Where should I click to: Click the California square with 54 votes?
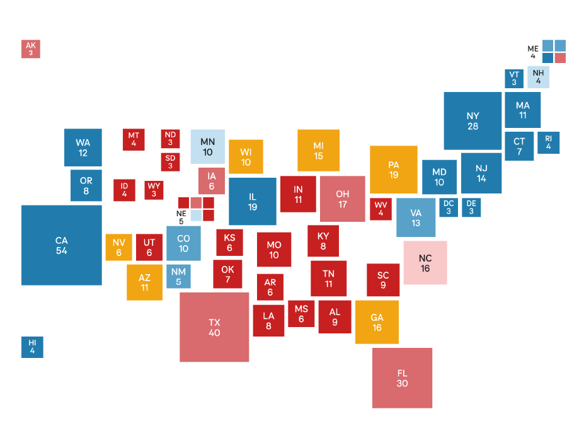point(61,245)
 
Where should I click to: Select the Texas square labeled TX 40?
point(214,327)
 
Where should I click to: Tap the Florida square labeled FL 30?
point(402,377)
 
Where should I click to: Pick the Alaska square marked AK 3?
point(31,49)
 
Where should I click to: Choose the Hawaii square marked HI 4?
point(32,347)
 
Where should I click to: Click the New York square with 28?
point(472,120)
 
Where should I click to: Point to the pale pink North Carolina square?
point(425,262)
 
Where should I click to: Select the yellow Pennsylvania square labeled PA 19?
point(394,170)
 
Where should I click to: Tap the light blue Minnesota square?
point(207,147)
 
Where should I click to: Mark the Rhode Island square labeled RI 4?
point(548,142)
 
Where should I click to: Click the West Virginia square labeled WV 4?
point(381,209)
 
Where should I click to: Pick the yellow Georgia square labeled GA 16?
point(377,322)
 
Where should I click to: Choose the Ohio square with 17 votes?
point(343,199)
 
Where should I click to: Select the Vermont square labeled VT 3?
point(514,78)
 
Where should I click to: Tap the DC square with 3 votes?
point(448,207)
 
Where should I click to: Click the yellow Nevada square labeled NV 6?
point(119,247)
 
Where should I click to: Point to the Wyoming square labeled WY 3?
point(154,190)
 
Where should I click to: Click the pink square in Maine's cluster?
point(560,58)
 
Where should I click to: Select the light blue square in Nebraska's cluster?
point(196,215)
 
